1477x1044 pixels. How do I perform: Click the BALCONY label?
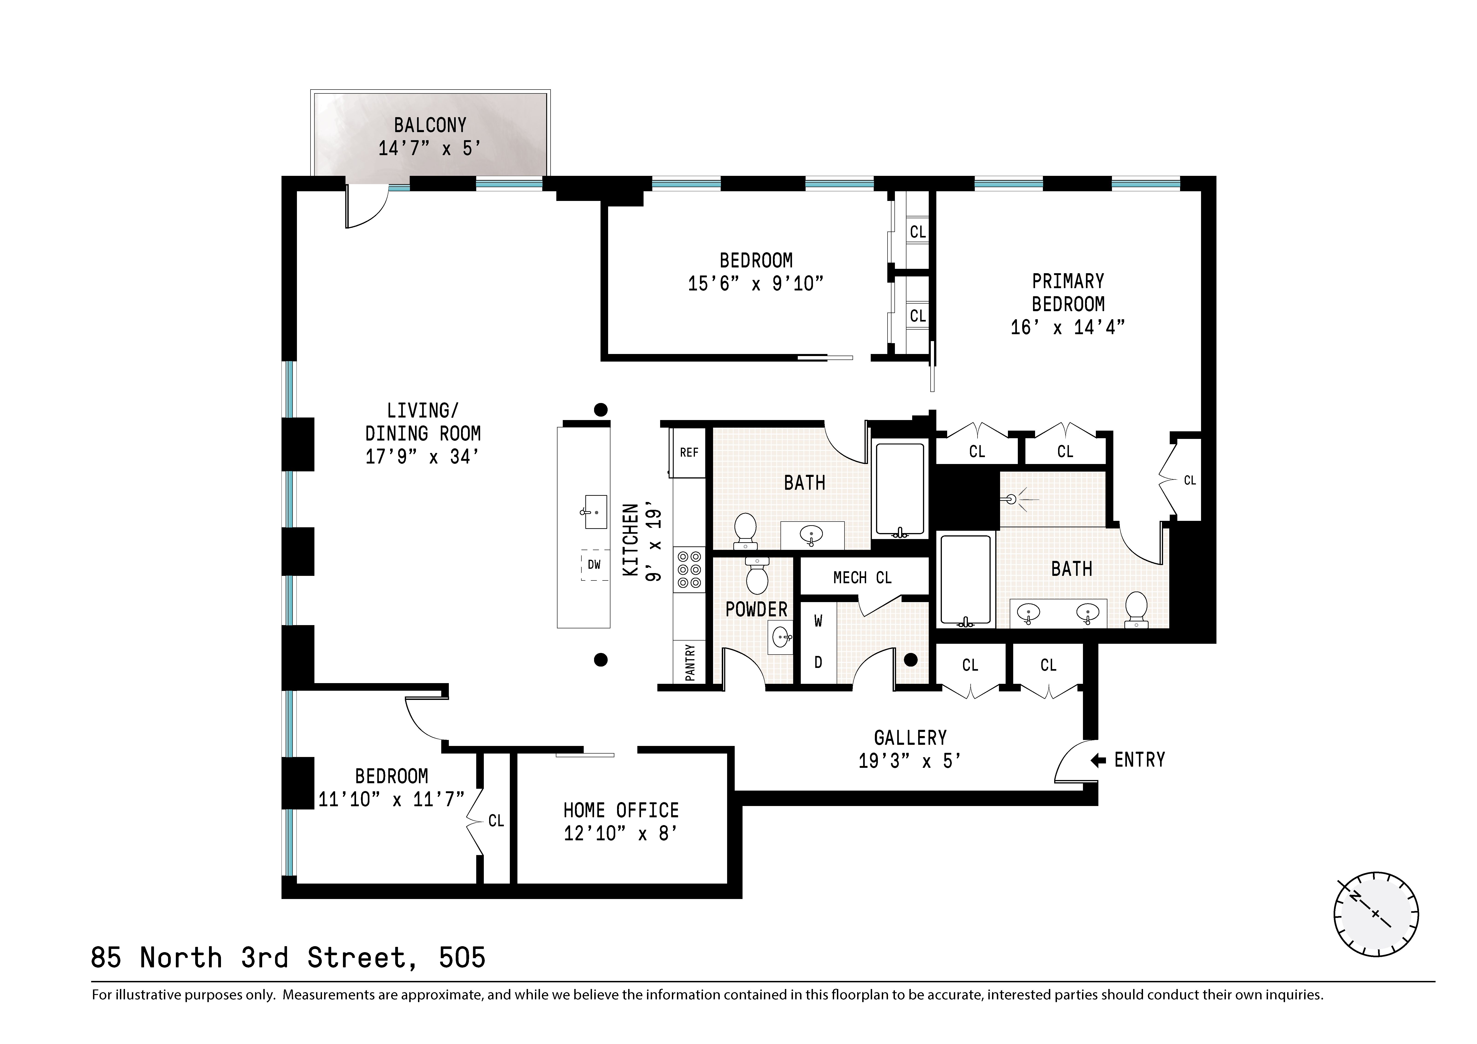click(x=430, y=125)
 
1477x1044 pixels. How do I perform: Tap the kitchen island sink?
click(x=595, y=512)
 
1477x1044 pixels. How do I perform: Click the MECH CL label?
click(x=862, y=578)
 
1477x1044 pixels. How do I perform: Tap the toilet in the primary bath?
click(x=1137, y=609)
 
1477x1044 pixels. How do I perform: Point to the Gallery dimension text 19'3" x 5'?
click(x=910, y=761)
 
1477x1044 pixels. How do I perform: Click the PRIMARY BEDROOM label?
click(x=1068, y=293)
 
